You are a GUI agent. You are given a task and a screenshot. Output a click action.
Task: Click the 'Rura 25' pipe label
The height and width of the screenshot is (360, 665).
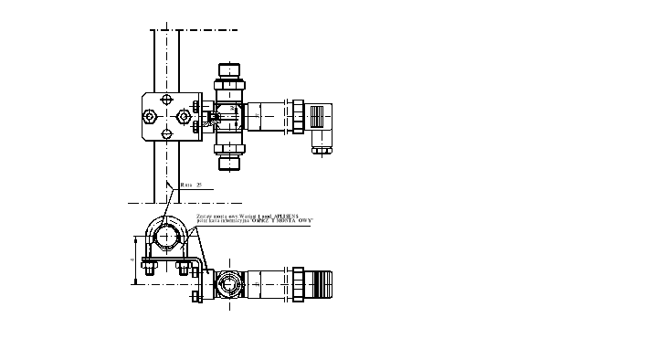coord(191,185)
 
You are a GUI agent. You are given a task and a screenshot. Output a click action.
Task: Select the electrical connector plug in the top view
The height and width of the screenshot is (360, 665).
coord(323,125)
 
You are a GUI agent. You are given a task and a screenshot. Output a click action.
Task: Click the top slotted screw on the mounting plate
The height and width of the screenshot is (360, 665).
coord(165,98)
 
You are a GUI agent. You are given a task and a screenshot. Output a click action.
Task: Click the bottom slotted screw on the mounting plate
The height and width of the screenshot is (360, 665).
coord(165,135)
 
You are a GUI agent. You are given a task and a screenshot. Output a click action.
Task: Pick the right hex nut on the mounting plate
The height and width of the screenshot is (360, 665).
coord(185,116)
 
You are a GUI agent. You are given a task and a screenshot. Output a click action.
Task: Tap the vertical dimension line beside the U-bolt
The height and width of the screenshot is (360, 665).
coord(137,259)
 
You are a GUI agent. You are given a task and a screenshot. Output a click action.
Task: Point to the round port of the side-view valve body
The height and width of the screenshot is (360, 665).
coord(228,283)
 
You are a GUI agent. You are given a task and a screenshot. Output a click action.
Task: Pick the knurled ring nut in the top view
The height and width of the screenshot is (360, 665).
coord(298,117)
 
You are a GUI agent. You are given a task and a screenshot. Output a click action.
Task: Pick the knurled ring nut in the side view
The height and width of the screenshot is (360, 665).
coord(298,282)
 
